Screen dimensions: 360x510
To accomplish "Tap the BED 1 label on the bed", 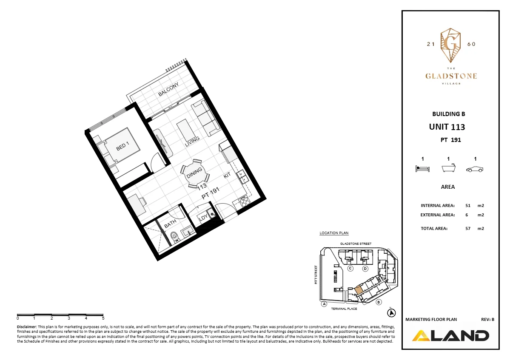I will tap(123, 145).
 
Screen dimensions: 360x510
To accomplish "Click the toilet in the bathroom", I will tap(174, 235).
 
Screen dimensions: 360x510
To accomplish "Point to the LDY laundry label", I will tap(204, 218).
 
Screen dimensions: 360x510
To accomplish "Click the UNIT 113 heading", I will tap(447, 127).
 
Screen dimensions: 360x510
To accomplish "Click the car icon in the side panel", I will tap(475, 169).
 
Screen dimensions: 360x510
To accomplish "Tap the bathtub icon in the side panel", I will tap(449, 168).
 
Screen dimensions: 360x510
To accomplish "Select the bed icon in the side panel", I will tap(422, 169).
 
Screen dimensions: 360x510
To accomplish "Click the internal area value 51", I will tap(468, 205).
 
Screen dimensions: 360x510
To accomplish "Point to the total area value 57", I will tap(468, 228).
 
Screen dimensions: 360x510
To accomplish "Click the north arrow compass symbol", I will tap(390, 313).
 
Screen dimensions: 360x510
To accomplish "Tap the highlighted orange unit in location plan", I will tap(359, 291).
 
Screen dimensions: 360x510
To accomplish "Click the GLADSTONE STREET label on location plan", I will tap(356, 244).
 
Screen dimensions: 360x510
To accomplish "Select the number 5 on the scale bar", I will tap(103, 318).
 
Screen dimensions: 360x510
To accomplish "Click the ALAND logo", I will tap(450, 335).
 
